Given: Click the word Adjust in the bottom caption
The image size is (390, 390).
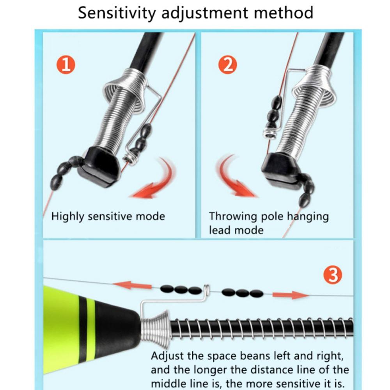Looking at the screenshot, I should (167, 356).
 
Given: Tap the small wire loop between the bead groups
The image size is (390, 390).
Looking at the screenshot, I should (207, 289).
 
